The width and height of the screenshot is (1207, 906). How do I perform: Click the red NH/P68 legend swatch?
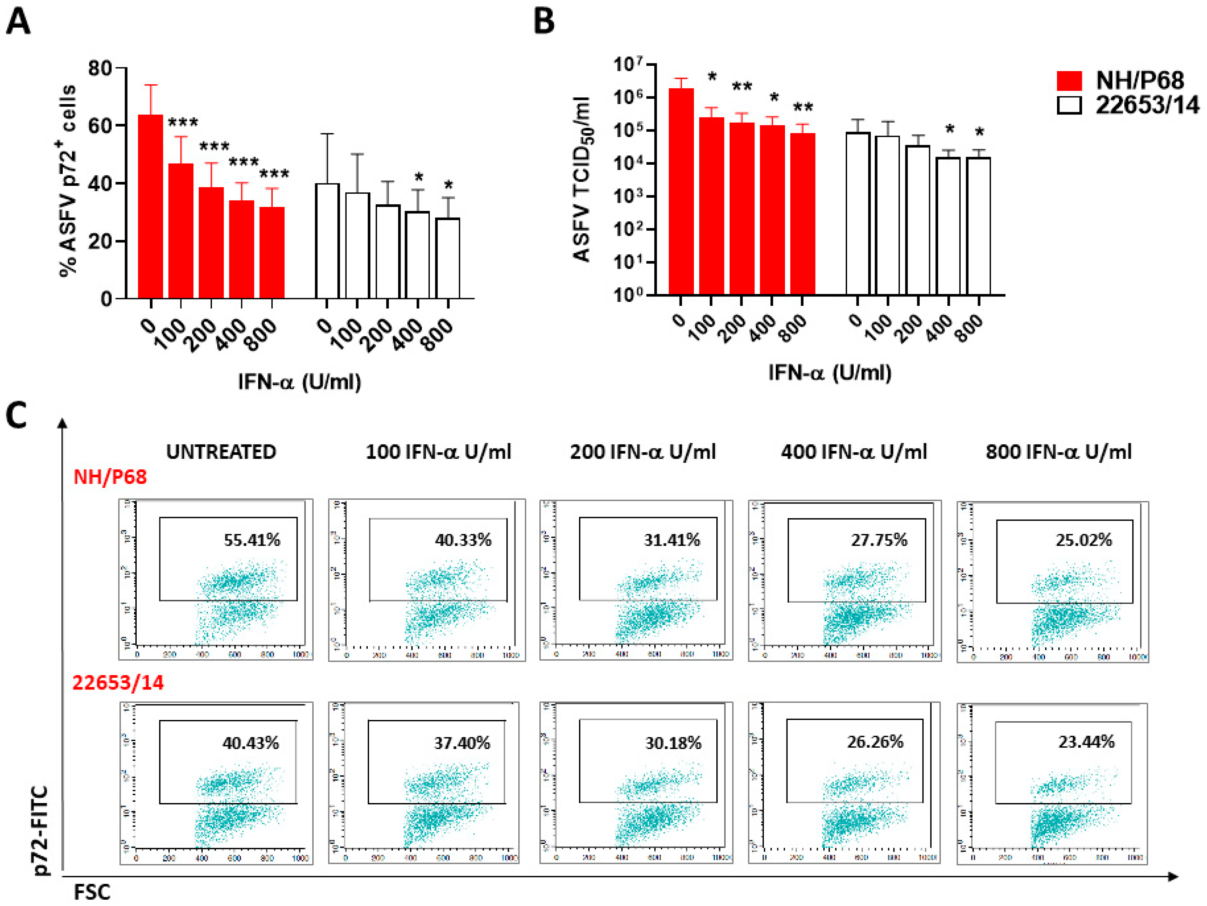[1069, 81]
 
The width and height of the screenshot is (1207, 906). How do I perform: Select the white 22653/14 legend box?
[1069, 105]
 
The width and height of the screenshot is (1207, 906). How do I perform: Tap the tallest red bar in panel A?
[150, 207]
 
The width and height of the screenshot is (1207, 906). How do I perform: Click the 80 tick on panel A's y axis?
[100, 68]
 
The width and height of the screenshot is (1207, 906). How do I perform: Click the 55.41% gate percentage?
[252, 540]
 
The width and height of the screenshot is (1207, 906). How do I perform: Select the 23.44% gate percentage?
[1086, 742]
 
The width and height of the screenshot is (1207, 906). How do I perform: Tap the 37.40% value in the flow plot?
[462, 743]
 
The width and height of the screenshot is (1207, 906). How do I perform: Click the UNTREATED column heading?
[221, 452]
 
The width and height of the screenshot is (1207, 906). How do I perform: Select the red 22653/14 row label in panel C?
[118, 682]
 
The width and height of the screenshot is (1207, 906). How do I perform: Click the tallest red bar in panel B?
[681, 191]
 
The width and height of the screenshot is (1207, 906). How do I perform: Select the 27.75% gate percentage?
[879, 540]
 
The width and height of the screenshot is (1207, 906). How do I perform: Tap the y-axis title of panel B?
[583, 180]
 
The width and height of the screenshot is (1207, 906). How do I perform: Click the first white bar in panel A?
[327, 241]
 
